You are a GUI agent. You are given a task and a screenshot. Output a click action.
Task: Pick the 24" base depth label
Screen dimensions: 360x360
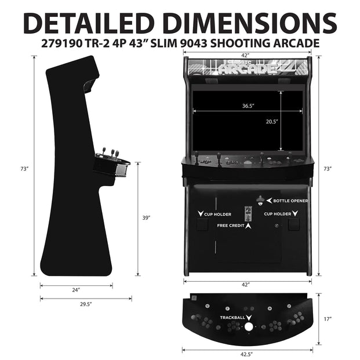[76, 289]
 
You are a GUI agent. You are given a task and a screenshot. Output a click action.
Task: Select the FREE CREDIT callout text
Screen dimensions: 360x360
[230, 225]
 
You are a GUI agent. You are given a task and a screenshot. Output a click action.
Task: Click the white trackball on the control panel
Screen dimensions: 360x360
[249, 327]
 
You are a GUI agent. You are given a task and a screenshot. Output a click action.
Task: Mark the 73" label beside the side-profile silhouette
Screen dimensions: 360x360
[24, 169]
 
